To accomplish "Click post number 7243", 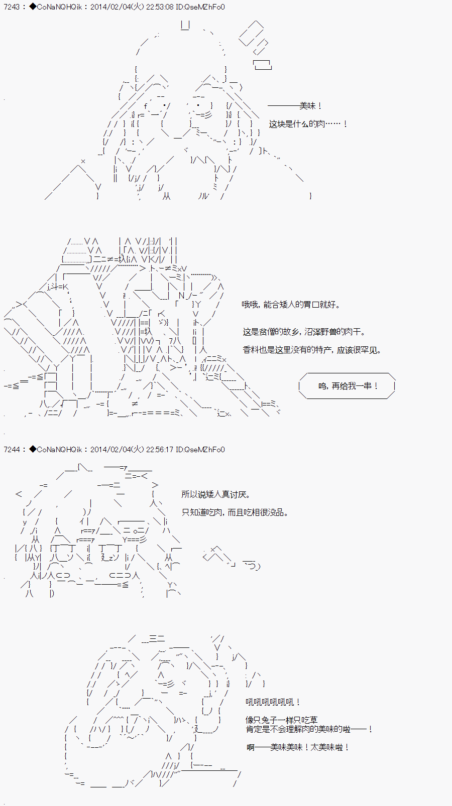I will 12,7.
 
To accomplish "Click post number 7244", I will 12,450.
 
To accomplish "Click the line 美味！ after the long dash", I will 311,106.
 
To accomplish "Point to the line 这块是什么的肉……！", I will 308,124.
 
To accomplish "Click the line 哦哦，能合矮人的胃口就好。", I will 291,305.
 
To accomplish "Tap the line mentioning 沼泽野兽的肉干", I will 304,332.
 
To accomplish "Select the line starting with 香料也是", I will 312,350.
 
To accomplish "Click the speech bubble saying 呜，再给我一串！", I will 347,386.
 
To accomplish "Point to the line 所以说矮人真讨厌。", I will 215,494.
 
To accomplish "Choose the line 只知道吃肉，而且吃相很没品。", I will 235,512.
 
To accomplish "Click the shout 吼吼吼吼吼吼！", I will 273,702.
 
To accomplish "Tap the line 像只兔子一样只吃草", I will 281,720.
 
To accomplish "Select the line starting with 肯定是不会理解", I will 309,729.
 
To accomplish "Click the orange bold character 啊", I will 251,747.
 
